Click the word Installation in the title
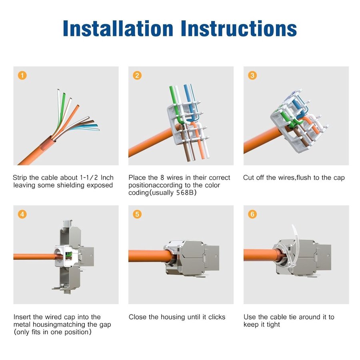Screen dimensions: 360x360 click(x=118, y=28)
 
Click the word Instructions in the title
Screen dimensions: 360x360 click(x=239, y=28)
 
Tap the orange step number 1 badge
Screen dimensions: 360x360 click(x=22, y=75)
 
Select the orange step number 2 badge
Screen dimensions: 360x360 click(x=137, y=75)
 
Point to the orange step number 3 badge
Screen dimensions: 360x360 click(x=252, y=75)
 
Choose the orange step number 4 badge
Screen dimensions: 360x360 click(x=22, y=214)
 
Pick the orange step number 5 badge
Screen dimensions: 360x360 click(x=137, y=214)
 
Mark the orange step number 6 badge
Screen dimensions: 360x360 click(x=252, y=214)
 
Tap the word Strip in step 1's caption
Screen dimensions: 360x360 click(x=20, y=178)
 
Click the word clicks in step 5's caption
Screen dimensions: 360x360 click(x=217, y=317)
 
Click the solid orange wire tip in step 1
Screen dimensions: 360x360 click(x=78, y=106)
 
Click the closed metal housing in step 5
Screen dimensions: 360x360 click(x=192, y=258)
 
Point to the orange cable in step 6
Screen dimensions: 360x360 click(x=262, y=255)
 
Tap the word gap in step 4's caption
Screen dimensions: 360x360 click(x=105, y=325)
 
